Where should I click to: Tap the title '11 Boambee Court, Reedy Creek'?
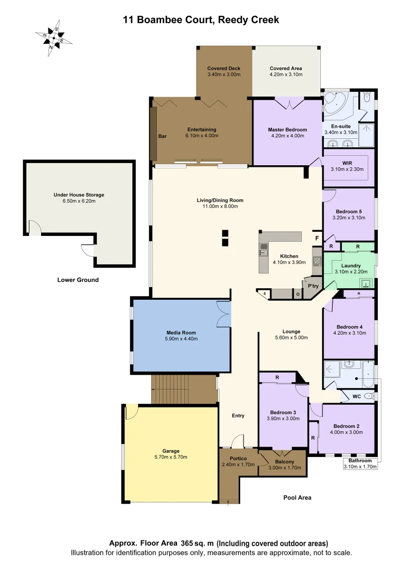click(x=201, y=20)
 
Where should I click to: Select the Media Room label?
click(x=181, y=332)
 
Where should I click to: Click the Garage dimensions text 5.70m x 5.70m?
click(x=171, y=457)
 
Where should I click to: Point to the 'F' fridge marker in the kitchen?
click(x=317, y=239)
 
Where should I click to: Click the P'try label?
click(x=313, y=286)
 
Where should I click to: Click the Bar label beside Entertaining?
click(x=162, y=136)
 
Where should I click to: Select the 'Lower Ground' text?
click(x=77, y=280)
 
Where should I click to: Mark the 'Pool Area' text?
click(x=297, y=498)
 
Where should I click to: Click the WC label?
click(x=357, y=395)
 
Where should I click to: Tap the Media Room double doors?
click(x=224, y=316)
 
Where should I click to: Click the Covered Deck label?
click(x=224, y=68)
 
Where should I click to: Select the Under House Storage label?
click(x=79, y=195)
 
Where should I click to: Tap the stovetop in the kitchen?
click(x=317, y=260)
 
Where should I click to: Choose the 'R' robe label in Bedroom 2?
click(x=313, y=438)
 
